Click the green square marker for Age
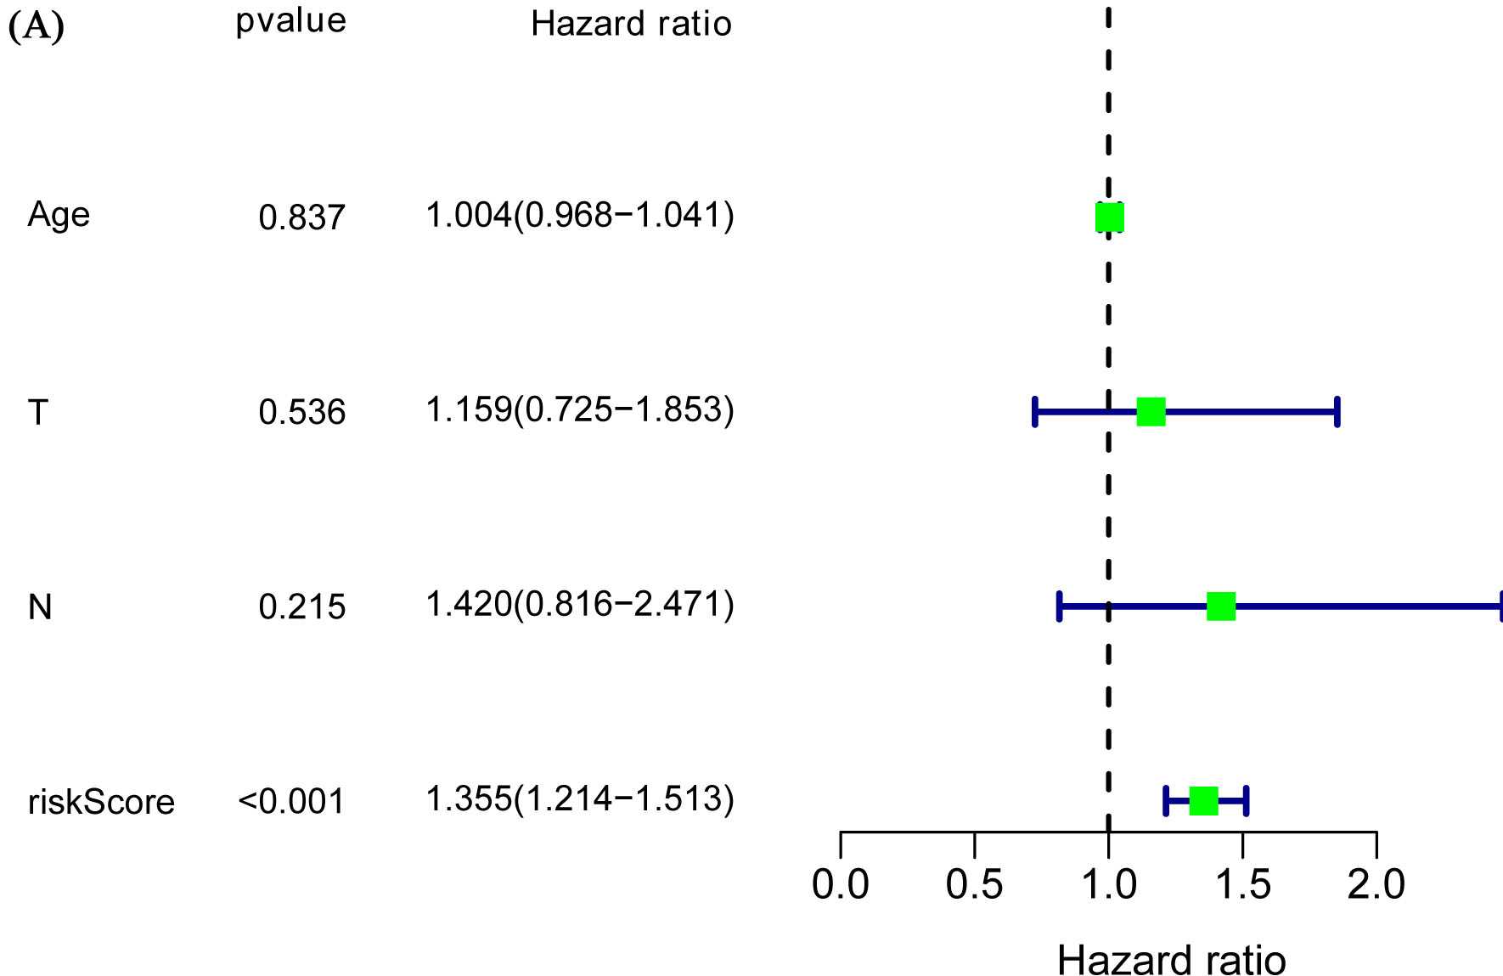click(x=1110, y=217)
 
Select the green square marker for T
click(x=1151, y=412)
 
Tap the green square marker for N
click(x=1221, y=606)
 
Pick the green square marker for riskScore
click(x=1204, y=801)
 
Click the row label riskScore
click(x=101, y=802)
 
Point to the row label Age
click(x=59, y=215)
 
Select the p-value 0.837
click(x=302, y=218)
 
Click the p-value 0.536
click(x=302, y=413)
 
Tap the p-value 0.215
click(x=302, y=607)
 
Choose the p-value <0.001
click(x=292, y=802)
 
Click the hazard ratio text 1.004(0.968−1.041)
click(x=580, y=216)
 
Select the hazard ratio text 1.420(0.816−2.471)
click(x=580, y=605)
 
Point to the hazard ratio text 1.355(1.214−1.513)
click(x=580, y=799)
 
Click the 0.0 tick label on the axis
click(x=840, y=884)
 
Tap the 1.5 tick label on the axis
click(x=1243, y=884)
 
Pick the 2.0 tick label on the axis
click(x=1376, y=884)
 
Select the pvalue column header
click(x=291, y=21)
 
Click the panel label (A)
click(x=37, y=27)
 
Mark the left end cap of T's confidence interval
click(x=1035, y=412)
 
